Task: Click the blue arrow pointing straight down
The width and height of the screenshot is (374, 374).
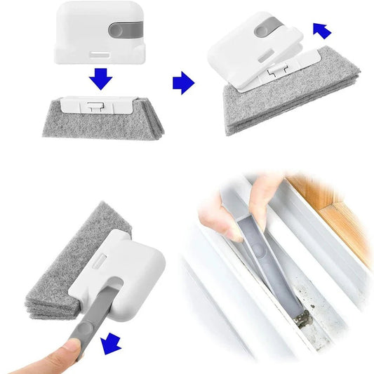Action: tap(100, 79)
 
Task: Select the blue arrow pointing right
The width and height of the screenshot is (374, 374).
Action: tap(183, 84)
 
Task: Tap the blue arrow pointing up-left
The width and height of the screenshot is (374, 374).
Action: tap(322, 30)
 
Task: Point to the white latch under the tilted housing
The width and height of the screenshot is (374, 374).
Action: tap(277, 71)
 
